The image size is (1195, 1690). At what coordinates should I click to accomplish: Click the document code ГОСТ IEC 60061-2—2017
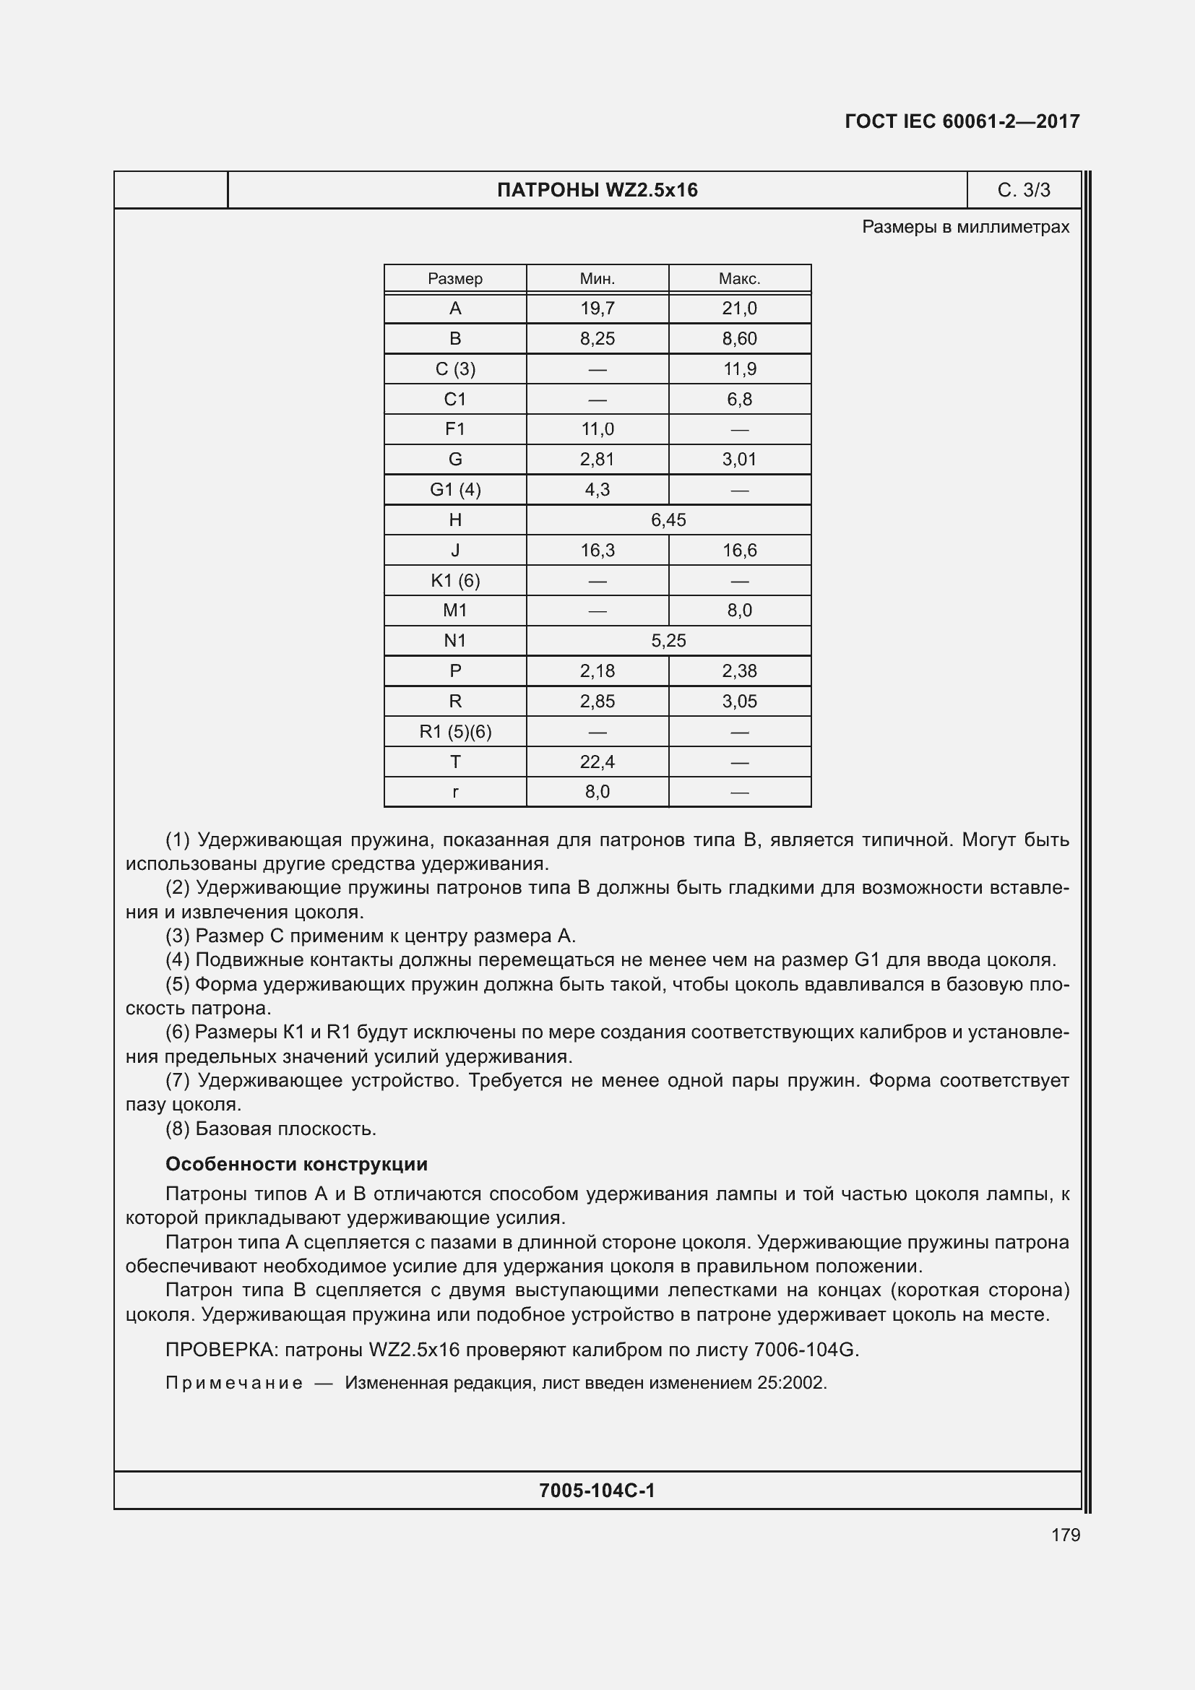[962, 121]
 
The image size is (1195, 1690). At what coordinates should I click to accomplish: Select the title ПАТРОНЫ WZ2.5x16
[597, 190]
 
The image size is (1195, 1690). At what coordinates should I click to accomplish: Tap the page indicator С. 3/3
[1024, 190]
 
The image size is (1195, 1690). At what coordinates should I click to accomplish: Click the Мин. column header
[597, 279]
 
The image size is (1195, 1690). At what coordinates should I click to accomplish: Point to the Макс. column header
[739, 279]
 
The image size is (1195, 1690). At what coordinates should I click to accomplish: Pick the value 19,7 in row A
[597, 309]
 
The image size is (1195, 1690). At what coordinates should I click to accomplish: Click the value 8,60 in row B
[739, 339]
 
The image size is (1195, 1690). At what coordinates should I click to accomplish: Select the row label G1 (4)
[454, 489]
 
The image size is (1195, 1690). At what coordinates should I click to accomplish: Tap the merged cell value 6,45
[668, 519]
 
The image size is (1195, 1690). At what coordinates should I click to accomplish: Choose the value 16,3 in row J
[597, 550]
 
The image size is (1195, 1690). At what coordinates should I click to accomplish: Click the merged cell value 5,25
[668, 640]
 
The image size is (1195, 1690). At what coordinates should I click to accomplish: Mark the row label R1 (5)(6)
[454, 732]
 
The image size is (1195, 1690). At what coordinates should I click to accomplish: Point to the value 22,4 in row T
[597, 762]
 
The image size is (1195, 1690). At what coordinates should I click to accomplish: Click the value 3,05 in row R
[739, 702]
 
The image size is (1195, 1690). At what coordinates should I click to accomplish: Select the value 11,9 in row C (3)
[739, 368]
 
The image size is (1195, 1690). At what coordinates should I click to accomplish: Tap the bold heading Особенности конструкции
[295, 1164]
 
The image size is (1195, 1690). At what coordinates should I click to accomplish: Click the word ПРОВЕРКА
[220, 1350]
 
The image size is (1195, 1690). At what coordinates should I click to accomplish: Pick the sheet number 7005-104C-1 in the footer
[597, 1491]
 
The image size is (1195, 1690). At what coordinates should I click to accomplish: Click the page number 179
[1065, 1535]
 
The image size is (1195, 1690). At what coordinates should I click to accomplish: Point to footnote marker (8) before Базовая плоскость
[177, 1129]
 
